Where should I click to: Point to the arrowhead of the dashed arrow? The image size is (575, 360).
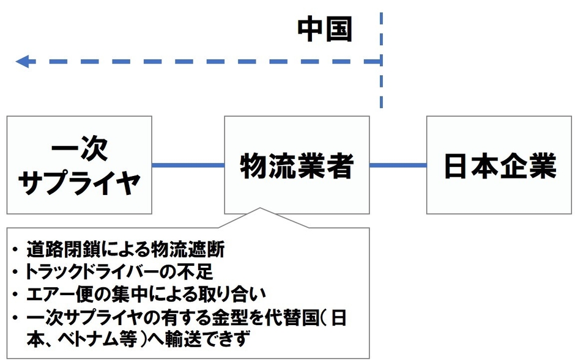tap(21, 61)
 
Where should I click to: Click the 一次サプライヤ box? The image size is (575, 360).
tap(80, 165)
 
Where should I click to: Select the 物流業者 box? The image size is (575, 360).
tap(297, 165)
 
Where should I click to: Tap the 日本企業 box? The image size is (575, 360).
tap(500, 165)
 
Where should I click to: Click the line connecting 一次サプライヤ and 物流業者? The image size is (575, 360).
tap(188, 165)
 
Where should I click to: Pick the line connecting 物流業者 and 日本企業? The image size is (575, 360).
tap(398, 165)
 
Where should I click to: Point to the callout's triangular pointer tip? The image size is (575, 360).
tap(260, 209)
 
